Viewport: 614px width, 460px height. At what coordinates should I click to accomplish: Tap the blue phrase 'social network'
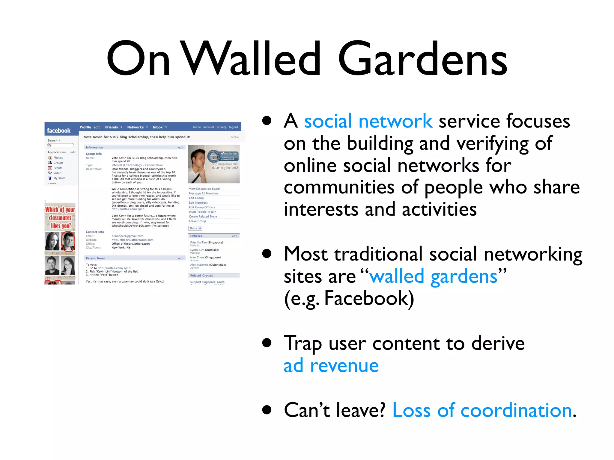368,121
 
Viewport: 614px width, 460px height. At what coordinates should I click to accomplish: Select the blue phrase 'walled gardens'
433,276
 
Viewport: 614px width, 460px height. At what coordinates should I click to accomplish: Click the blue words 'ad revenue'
331,366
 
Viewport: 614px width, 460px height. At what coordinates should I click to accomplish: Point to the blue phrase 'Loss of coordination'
482,410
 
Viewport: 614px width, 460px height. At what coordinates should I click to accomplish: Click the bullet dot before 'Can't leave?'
267,410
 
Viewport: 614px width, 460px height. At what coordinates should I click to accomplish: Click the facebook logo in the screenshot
59,131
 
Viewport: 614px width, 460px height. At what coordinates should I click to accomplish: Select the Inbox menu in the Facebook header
158,127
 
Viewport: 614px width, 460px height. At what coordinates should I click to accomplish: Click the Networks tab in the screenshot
136,127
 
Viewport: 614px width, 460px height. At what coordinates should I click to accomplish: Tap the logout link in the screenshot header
233,127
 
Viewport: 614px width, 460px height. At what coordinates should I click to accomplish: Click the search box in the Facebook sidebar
61,146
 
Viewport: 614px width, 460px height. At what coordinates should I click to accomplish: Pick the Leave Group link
197,221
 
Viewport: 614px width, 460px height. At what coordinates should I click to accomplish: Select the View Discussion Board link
204,189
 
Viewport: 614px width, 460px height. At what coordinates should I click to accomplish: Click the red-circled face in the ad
68,241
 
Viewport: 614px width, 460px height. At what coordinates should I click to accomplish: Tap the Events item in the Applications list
58,168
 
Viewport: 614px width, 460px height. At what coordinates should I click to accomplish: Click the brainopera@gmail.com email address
127,236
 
